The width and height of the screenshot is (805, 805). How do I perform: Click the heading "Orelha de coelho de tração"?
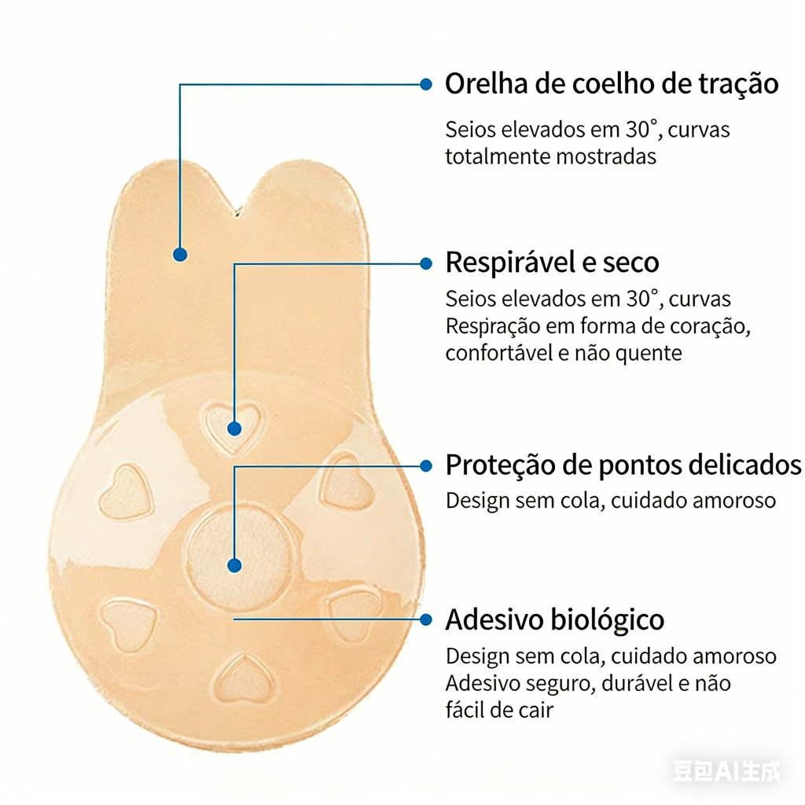point(612,83)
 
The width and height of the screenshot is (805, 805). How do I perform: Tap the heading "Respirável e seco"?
point(552,263)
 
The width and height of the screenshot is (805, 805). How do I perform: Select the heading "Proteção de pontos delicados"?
point(623,465)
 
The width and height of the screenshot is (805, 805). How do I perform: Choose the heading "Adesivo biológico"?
point(554,619)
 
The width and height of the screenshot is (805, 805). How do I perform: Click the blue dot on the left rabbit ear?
point(180,254)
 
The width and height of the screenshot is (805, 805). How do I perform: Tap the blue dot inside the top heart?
point(233,428)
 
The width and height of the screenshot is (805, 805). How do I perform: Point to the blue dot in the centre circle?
point(233,564)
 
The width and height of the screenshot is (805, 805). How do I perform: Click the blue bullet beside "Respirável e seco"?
point(426,263)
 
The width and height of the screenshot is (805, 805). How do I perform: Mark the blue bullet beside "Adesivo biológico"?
point(426,619)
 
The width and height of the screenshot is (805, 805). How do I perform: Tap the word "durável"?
point(634,683)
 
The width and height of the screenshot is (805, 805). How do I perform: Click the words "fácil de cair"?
point(498,711)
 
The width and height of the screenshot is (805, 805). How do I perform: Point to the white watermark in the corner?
point(727,770)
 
